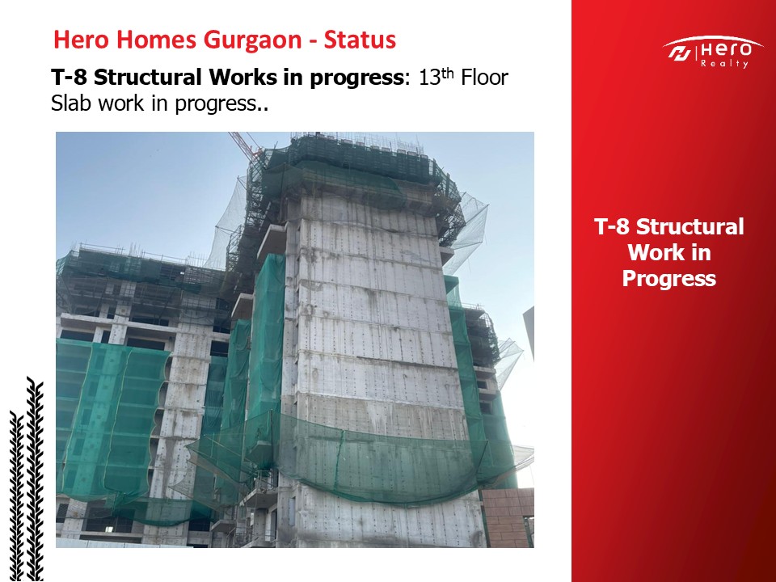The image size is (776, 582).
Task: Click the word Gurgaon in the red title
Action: (x=253, y=40)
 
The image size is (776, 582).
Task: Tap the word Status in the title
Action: (x=360, y=40)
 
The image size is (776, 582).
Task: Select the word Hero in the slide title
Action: (x=81, y=40)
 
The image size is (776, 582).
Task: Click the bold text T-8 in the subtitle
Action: (x=70, y=78)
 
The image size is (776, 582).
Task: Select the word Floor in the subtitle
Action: (x=484, y=78)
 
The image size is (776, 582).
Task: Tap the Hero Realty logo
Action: (x=713, y=52)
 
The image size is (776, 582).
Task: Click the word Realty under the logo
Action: (x=724, y=63)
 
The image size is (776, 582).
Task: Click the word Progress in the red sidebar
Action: (x=669, y=277)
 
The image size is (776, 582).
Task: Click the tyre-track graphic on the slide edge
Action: (x=26, y=479)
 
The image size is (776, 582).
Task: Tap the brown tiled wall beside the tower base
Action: (x=508, y=517)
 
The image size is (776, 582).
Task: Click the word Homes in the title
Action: (x=156, y=40)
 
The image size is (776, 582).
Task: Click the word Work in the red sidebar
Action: (x=669, y=252)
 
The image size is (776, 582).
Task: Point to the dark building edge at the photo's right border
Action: (x=529, y=331)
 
